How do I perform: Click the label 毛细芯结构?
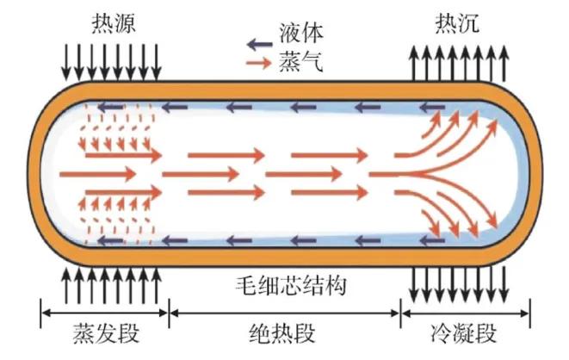[x=284, y=285]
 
